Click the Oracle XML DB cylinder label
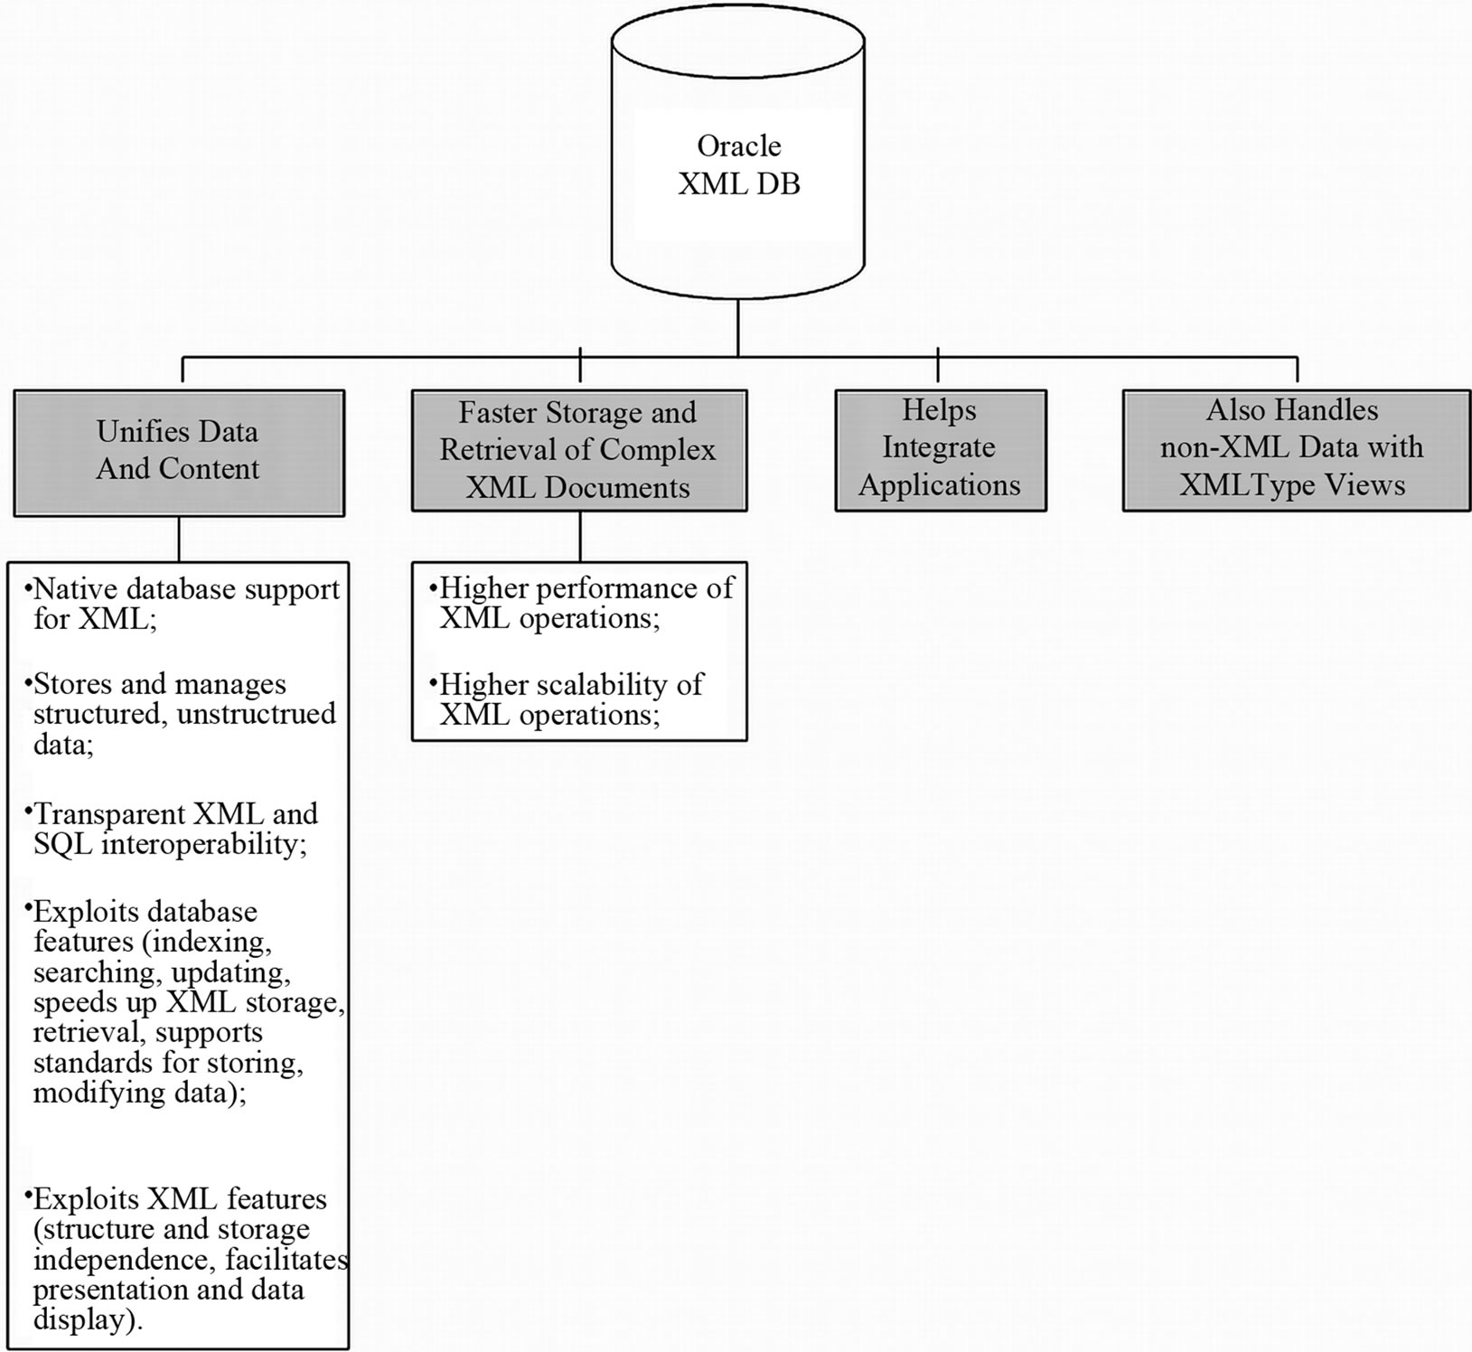click(738, 165)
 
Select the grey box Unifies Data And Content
click(179, 452)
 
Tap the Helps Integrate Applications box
click(940, 449)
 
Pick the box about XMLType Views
click(1295, 449)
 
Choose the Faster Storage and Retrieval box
click(578, 450)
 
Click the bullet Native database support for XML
click(181, 605)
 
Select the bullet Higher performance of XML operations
click(583, 603)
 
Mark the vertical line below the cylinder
click(738, 327)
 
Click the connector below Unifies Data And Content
click(179, 539)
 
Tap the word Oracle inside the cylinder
click(738, 146)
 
